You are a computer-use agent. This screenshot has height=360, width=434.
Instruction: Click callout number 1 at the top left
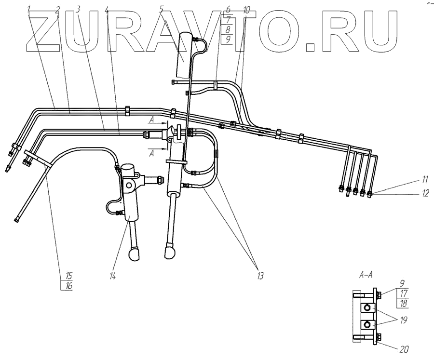(x=30, y=9)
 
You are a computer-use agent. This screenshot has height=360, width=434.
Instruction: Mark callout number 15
(x=69, y=276)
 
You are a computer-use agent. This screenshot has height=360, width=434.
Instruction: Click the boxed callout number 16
(x=69, y=286)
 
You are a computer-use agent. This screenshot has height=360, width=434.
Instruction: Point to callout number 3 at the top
(x=78, y=9)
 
